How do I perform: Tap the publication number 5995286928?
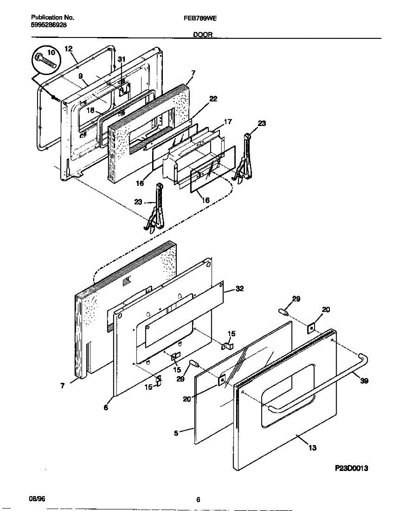[49, 25]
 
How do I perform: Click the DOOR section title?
[203, 36]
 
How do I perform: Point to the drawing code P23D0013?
[351, 468]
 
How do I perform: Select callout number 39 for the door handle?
[364, 381]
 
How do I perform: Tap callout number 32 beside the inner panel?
[239, 289]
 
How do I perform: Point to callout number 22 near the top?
[213, 99]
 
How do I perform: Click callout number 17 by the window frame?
[228, 122]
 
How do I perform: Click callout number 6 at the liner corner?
[106, 408]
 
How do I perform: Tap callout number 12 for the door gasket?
[69, 49]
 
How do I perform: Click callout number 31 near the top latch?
[122, 59]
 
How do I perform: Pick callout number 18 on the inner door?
[90, 110]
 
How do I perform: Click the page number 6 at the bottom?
[199, 500]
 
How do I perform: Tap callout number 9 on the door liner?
[80, 76]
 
